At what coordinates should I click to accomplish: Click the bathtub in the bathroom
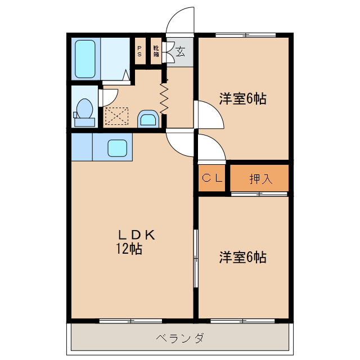[x=85, y=58]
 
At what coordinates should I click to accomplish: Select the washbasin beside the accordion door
[x=148, y=119]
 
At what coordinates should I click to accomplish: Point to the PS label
[x=139, y=52]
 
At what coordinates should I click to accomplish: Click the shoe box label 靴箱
[x=156, y=52]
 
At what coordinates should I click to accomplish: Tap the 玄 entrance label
[x=180, y=52]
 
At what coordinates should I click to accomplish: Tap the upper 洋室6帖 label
[x=242, y=99]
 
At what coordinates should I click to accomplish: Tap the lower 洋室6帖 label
[x=242, y=258]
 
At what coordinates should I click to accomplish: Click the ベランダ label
[x=179, y=338]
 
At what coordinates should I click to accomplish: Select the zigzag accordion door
[x=164, y=98]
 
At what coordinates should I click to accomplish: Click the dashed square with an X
[x=117, y=117]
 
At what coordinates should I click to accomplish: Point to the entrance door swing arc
[x=181, y=20]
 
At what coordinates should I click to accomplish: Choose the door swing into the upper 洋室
[x=209, y=115]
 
